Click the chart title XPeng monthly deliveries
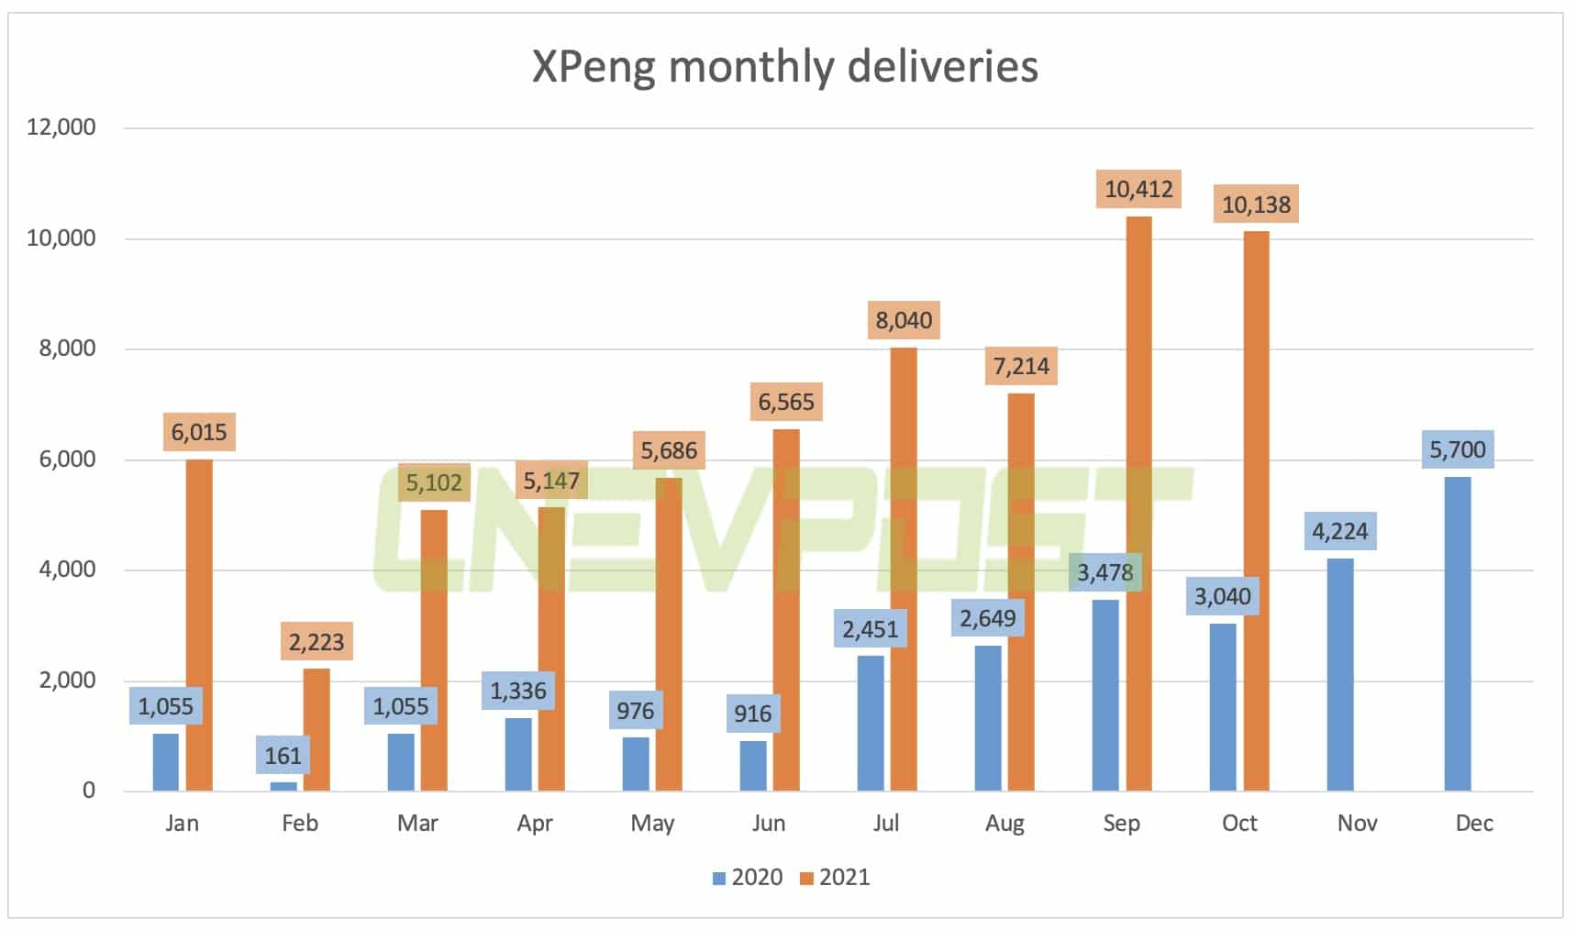point(785,67)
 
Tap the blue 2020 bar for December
point(1457,633)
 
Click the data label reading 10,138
point(1256,205)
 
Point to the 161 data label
point(283,756)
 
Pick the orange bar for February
point(316,729)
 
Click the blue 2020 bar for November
point(1339,674)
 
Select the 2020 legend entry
point(748,878)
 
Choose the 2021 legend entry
point(835,878)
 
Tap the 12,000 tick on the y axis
point(61,127)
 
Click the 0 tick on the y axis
point(88,791)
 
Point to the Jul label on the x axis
point(886,823)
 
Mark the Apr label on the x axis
point(535,823)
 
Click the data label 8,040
point(904,320)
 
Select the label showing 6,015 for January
point(199,432)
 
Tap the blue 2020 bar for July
point(871,723)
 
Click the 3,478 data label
point(1104,572)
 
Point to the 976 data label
point(635,711)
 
